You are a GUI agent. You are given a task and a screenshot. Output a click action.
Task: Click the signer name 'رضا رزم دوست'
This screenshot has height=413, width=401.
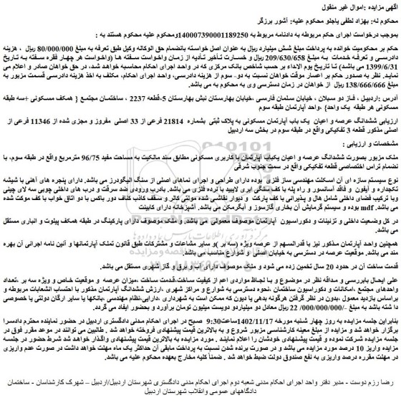pos(372,388)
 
